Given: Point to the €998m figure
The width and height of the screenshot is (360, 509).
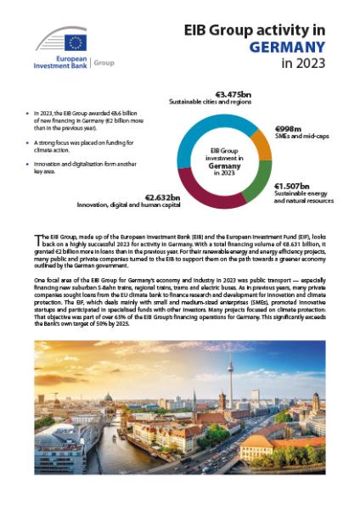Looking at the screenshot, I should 290,130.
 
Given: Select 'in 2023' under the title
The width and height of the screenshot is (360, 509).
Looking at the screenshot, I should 303,64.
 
